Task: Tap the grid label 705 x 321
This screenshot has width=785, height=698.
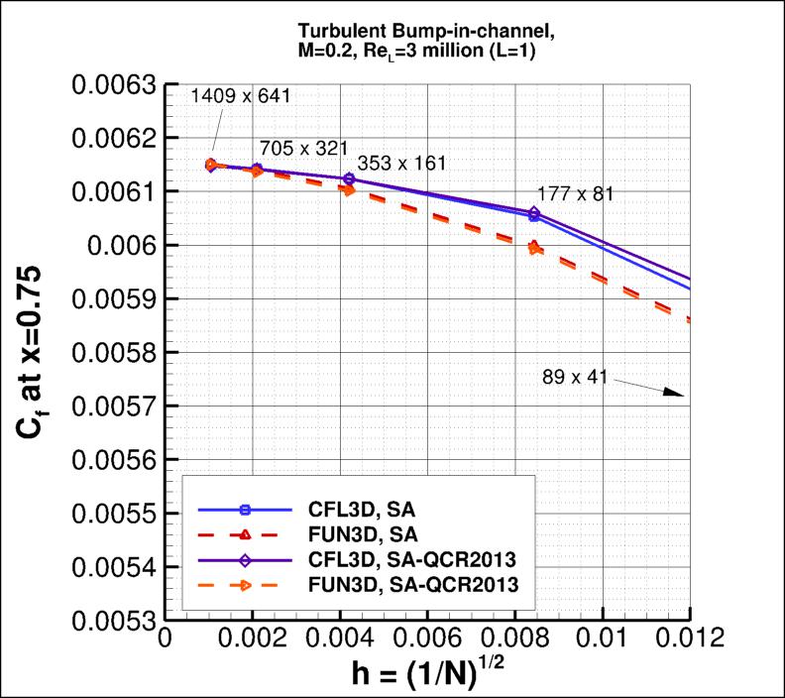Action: [303, 148]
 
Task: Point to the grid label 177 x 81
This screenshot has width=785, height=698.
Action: [575, 193]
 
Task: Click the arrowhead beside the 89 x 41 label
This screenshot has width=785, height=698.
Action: [677, 393]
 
